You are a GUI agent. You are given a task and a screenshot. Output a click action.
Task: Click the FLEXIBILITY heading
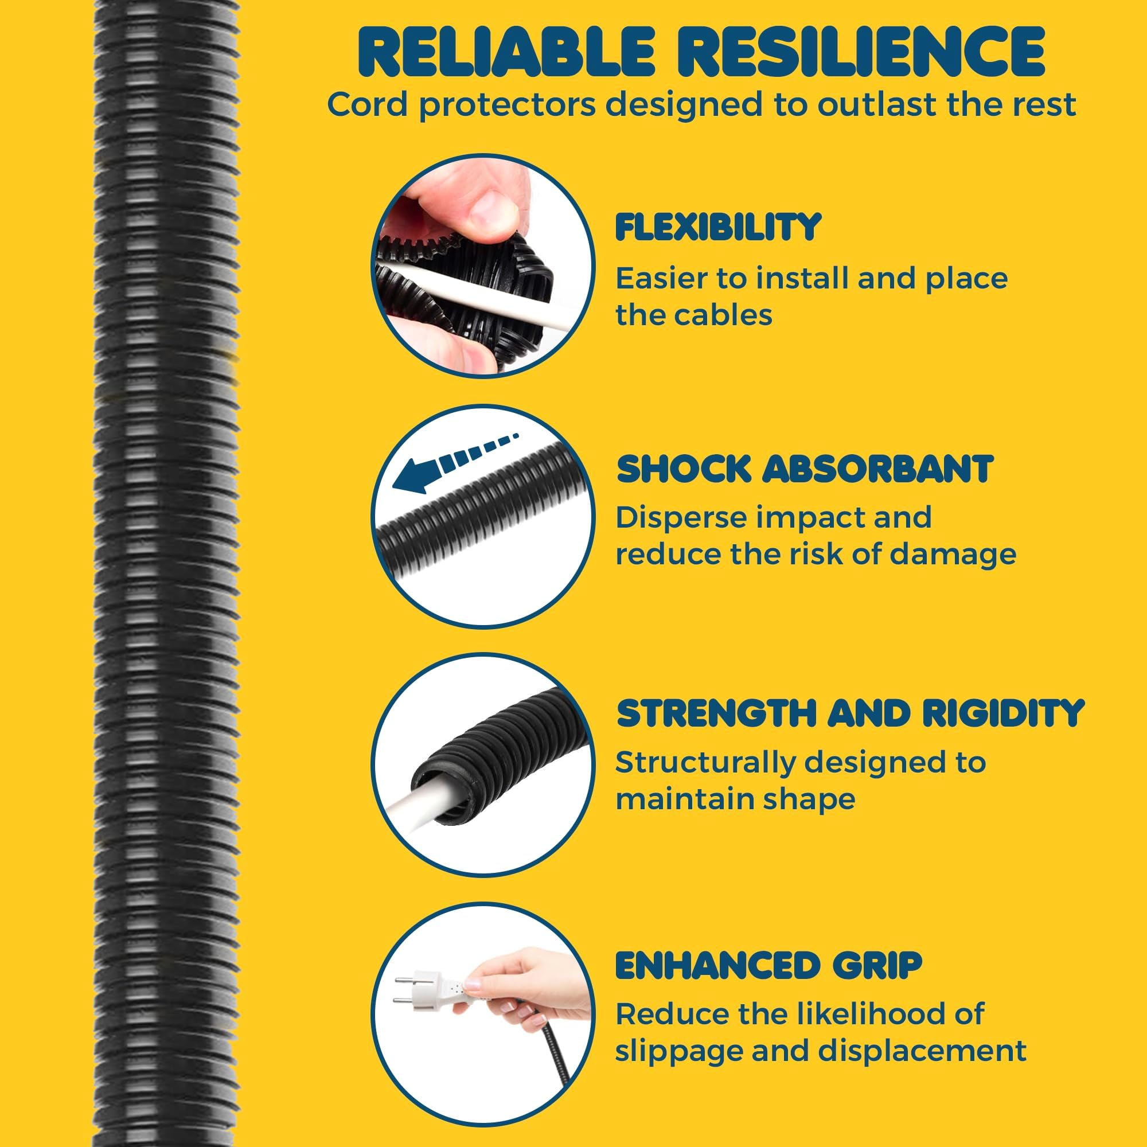tap(719, 227)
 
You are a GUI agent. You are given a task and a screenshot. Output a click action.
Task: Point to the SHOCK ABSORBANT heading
tap(805, 469)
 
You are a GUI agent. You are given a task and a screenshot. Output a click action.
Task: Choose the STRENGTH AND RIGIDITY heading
tap(851, 713)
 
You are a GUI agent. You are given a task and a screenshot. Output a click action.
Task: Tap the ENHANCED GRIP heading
tap(768, 965)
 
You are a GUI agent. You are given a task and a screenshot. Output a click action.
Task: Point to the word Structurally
tap(704, 763)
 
